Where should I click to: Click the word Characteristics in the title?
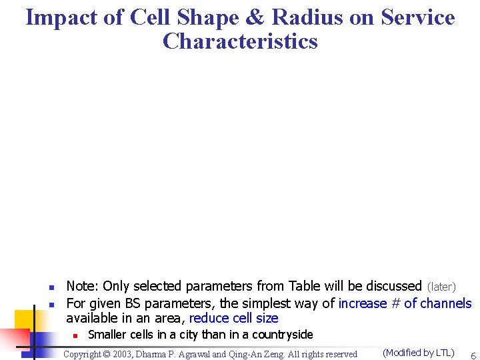240,41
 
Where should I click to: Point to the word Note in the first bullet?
81,286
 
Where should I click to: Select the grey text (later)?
442,287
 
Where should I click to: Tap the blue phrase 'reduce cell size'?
233,318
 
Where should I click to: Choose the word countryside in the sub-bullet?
282,334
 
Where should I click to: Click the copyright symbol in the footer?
111,354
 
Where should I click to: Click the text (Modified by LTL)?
419,353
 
